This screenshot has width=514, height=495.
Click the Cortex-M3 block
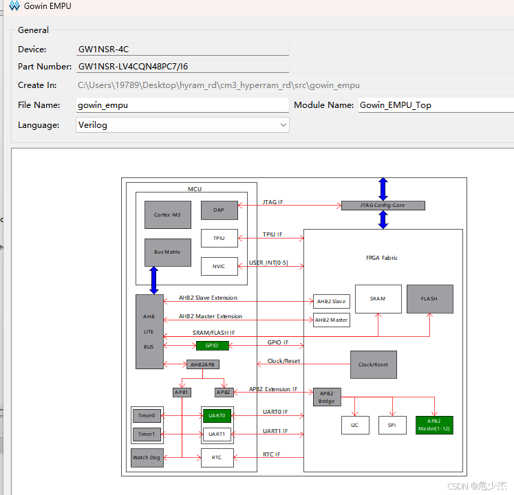(167, 214)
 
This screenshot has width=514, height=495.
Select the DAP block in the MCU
(219, 210)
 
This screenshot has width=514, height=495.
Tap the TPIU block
(219, 238)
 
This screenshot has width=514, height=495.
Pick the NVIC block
(219, 266)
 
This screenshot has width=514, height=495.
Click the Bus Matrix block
(167, 252)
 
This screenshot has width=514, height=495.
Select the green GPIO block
(211, 346)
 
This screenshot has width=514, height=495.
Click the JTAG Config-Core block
(383, 206)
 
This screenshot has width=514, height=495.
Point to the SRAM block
(378, 299)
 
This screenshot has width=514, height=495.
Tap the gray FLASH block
(430, 299)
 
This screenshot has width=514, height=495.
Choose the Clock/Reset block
(374, 364)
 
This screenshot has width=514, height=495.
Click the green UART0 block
(217, 415)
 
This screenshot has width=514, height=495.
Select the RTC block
(217, 457)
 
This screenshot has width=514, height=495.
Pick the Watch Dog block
(146, 457)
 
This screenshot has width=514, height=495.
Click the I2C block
(355, 425)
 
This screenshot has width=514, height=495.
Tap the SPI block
(392, 425)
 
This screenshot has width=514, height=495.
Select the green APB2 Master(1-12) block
(434, 425)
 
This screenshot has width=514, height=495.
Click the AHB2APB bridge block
(202, 364)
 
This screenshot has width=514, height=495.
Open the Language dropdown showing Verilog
(182, 125)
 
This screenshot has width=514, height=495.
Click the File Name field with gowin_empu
(182, 105)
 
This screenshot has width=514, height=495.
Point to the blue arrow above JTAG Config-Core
(383, 189)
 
